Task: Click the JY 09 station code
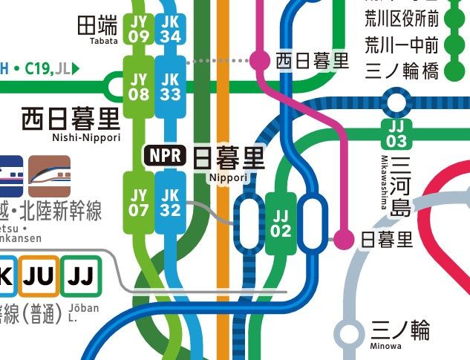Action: click(139, 29)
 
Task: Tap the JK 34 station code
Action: click(170, 29)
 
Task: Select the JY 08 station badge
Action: click(139, 87)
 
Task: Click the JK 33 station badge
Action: click(170, 87)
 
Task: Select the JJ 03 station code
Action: click(396, 134)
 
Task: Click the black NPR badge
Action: click(164, 157)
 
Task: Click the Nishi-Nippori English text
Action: click(82, 137)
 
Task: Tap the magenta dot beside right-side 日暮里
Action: click(344, 239)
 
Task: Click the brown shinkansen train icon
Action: click(49, 176)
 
